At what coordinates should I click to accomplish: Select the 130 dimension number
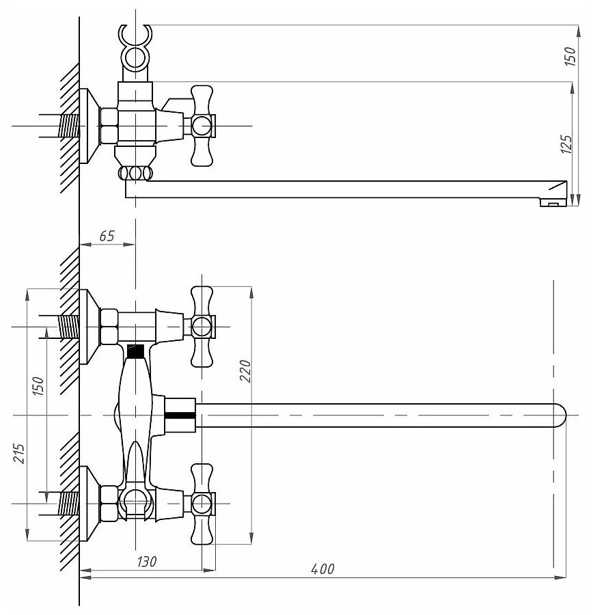click(147, 562)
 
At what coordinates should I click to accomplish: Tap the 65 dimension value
click(107, 236)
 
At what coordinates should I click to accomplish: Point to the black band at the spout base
click(180, 415)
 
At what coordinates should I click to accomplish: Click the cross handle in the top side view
click(202, 126)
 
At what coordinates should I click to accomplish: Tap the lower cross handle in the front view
click(202, 504)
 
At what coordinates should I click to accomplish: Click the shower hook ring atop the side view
click(134, 55)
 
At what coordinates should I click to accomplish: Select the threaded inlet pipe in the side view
click(68, 126)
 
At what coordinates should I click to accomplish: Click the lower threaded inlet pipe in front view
click(68, 504)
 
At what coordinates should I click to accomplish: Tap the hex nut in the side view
click(109, 126)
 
